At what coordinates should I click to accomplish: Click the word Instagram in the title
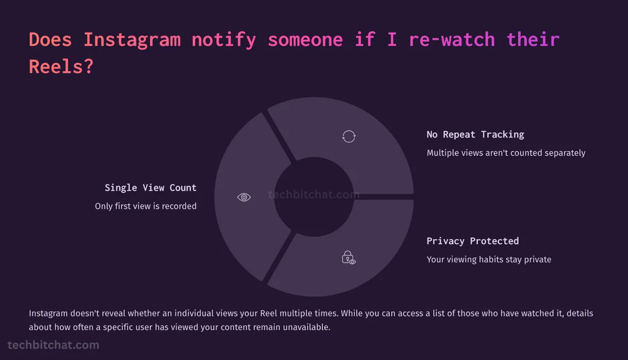pos(132,40)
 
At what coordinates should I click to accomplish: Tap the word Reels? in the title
pos(61,67)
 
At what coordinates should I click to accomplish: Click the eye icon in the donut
pos(244,198)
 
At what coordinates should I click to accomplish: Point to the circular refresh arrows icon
pos(349,136)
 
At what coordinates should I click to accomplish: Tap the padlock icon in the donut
pos(348,258)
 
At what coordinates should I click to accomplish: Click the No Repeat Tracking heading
pos(475,134)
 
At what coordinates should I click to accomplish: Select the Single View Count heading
pos(150,187)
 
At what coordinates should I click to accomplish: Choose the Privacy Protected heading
pos(472,241)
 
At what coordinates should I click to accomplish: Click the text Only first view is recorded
pos(145,206)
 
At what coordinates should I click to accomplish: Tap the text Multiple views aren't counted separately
pos(506,153)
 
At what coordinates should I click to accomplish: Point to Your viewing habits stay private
pos(489,260)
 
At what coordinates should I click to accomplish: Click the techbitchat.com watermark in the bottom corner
pos(53,345)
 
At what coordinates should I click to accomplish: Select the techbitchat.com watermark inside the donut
pos(313,195)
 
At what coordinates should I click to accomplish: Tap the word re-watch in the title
pos(452,40)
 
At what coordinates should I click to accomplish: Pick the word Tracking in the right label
pos(502,134)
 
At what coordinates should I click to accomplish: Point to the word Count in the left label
pos(183,187)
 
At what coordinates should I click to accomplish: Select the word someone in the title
pos(305,40)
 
